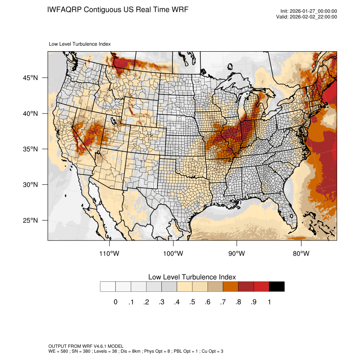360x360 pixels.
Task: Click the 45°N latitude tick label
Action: point(30,78)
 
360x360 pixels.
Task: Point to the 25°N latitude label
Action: point(30,221)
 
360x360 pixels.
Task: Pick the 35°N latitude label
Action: point(30,149)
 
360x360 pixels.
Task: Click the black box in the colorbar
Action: point(277,287)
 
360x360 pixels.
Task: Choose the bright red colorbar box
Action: point(261,287)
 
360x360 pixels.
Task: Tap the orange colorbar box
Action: point(230,287)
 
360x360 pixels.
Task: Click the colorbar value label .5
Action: point(192,302)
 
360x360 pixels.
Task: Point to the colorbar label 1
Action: point(269,302)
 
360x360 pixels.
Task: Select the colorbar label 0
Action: point(115,302)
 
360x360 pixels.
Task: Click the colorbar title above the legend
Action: point(192,277)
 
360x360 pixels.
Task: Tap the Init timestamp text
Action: point(309,11)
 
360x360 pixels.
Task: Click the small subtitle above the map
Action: point(80,44)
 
